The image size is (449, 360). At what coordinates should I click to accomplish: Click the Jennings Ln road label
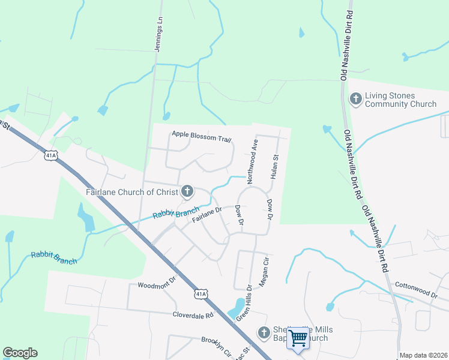(x=159, y=35)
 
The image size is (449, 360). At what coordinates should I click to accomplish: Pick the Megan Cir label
(x=262, y=269)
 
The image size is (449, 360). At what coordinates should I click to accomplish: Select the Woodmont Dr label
(x=157, y=281)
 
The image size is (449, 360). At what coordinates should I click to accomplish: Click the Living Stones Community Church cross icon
(x=355, y=98)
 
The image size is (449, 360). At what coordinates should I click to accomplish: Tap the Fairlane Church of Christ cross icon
(x=187, y=192)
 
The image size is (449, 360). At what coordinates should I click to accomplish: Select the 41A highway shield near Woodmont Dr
(x=201, y=293)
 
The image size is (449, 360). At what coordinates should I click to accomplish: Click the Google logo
(x=20, y=353)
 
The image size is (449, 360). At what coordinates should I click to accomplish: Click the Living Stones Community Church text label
(x=401, y=100)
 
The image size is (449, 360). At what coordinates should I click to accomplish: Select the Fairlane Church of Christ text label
(x=133, y=192)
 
